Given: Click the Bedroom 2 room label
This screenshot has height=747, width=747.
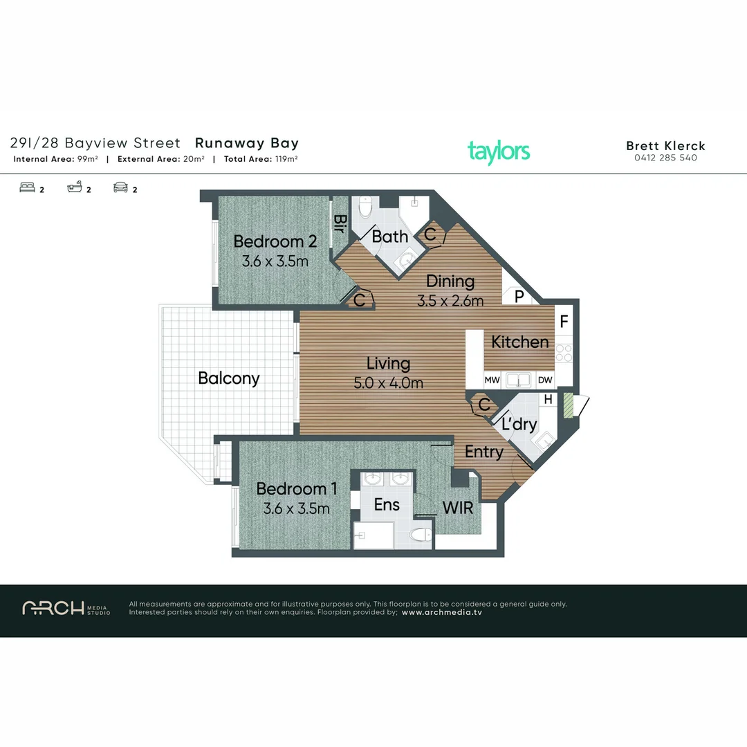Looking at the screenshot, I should (275, 241).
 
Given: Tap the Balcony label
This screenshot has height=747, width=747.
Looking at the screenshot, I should (228, 378).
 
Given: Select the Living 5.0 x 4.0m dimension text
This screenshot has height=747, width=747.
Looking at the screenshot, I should (388, 382).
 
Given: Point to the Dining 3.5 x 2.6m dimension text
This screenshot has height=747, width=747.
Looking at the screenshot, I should (450, 301).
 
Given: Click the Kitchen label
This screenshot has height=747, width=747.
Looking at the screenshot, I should (520, 342).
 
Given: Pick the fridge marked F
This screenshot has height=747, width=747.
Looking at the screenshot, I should (564, 322).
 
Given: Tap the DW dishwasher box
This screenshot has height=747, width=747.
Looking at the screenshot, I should (545, 380).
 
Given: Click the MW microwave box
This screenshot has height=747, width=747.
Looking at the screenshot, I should (492, 380).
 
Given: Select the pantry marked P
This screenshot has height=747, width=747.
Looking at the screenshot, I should (517, 297).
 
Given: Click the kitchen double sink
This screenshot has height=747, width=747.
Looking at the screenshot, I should (518, 379).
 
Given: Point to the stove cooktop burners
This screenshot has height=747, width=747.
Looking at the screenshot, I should (564, 353).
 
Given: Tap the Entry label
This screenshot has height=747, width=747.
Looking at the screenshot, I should (483, 452).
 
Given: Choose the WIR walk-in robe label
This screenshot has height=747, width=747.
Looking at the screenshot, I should (458, 507).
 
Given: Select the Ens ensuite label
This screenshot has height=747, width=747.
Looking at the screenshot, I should (387, 505).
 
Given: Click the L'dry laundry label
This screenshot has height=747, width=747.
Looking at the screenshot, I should (519, 424).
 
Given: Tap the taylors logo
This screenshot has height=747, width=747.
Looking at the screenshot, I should (498, 151).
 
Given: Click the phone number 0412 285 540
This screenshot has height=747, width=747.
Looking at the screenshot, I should (665, 158).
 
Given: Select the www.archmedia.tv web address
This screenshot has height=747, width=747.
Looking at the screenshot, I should (441, 612).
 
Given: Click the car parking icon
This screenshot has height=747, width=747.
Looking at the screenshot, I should (121, 187).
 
